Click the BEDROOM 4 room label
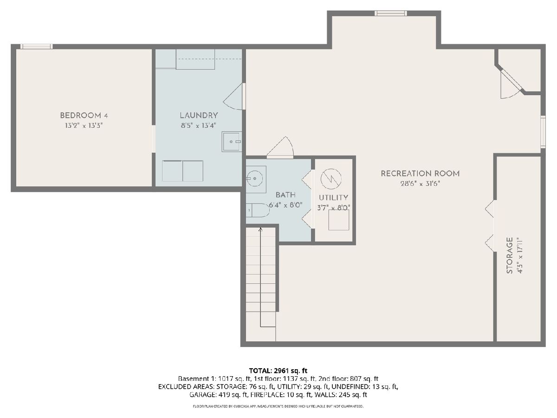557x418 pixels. click(x=84, y=116)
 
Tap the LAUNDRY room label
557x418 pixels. click(x=199, y=116)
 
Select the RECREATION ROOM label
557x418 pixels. click(x=420, y=174)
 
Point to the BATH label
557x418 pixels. click(x=286, y=195)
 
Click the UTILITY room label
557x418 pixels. click(x=333, y=198)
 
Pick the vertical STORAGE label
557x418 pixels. click(x=510, y=255)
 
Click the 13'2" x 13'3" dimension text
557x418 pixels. click(x=84, y=125)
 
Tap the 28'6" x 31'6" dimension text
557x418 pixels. click(x=420, y=183)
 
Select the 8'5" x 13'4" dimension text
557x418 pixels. click(x=199, y=125)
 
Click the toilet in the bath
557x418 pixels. click(x=258, y=210)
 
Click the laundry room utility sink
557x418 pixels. click(x=232, y=142)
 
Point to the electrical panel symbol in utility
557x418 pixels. click(x=331, y=179)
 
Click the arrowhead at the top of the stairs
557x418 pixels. click(x=260, y=229)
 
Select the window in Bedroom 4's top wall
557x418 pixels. click(x=37, y=46)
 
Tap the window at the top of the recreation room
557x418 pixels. click(x=391, y=13)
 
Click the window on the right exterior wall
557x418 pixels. click(x=543, y=132)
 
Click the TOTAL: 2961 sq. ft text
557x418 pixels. click(x=278, y=371)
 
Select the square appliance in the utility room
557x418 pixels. click(x=339, y=220)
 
